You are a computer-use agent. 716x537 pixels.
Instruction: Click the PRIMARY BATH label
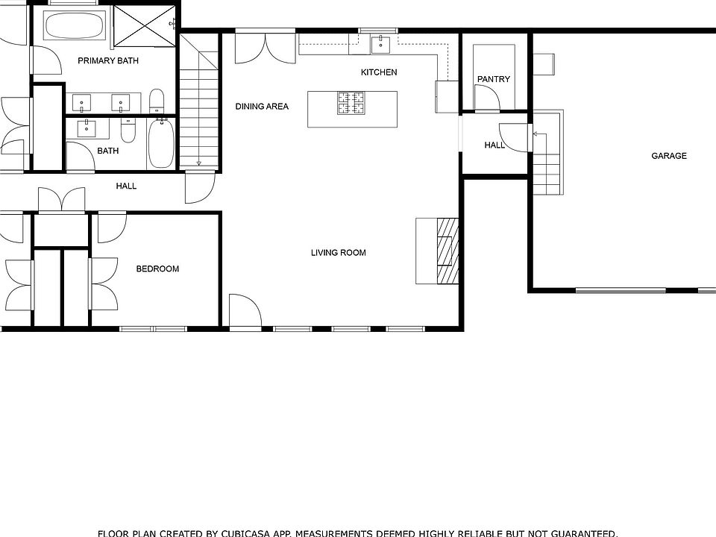[x=108, y=60]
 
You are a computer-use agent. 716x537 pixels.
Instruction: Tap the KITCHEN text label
[x=379, y=72]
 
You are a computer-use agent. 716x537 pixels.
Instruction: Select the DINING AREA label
[x=262, y=107]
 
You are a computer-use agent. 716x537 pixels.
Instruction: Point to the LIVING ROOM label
[x=339, y=253]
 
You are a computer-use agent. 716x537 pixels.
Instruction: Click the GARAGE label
[x=669, y=156]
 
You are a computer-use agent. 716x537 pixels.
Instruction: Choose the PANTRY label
[x=494, y=79]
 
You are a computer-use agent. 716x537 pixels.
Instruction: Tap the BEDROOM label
[x=157, y=268]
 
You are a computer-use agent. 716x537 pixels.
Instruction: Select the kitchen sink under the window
[x=381, y=44]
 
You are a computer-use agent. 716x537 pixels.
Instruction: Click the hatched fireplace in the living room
[x=447, y=251]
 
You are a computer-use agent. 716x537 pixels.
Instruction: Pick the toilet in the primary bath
[x=157, y=100]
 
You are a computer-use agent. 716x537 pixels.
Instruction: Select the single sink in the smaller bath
[x=88, y=128]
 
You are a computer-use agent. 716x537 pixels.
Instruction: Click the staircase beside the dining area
[x=199, y=112]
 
